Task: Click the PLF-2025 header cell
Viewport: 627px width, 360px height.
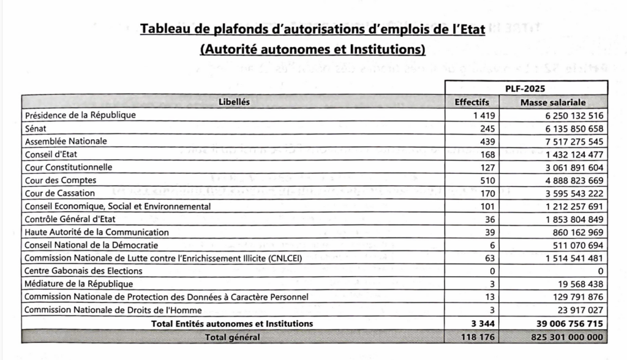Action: [525, 88]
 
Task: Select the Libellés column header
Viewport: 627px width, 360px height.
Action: [234, 102]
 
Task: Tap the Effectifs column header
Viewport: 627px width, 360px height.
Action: [471, 102]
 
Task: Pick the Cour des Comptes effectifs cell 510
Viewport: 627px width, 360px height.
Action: [488, 181]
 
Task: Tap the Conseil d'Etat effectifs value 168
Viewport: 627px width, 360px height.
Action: [488, 154]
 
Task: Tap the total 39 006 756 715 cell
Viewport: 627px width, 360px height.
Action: [560, 323]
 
